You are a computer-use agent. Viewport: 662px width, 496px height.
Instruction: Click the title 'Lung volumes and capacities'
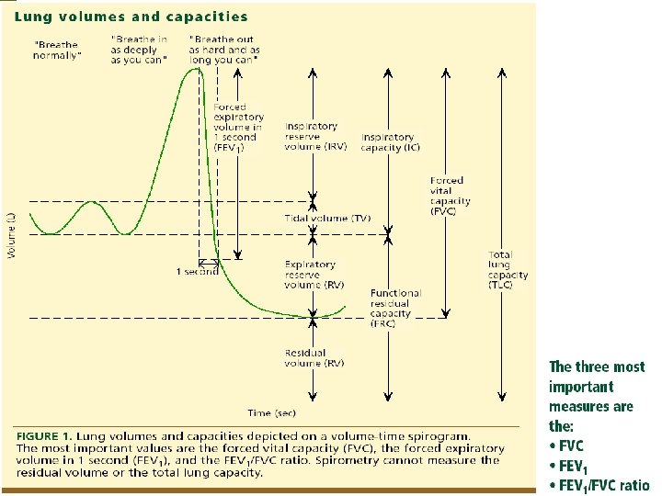(x=131, y=16)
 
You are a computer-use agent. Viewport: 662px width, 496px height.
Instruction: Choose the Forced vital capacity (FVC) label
(x=450, y=196)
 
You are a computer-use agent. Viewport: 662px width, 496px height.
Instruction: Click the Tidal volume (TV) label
(x=328, y=219)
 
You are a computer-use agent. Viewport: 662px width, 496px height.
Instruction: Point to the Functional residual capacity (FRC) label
(x=394, y=308)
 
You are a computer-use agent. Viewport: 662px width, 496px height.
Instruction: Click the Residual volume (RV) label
(x=314, y=357)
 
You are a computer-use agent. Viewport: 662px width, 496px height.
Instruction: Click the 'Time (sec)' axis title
(x=271, y=413)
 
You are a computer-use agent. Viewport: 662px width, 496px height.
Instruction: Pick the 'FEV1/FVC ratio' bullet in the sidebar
(x=599, y=486)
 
